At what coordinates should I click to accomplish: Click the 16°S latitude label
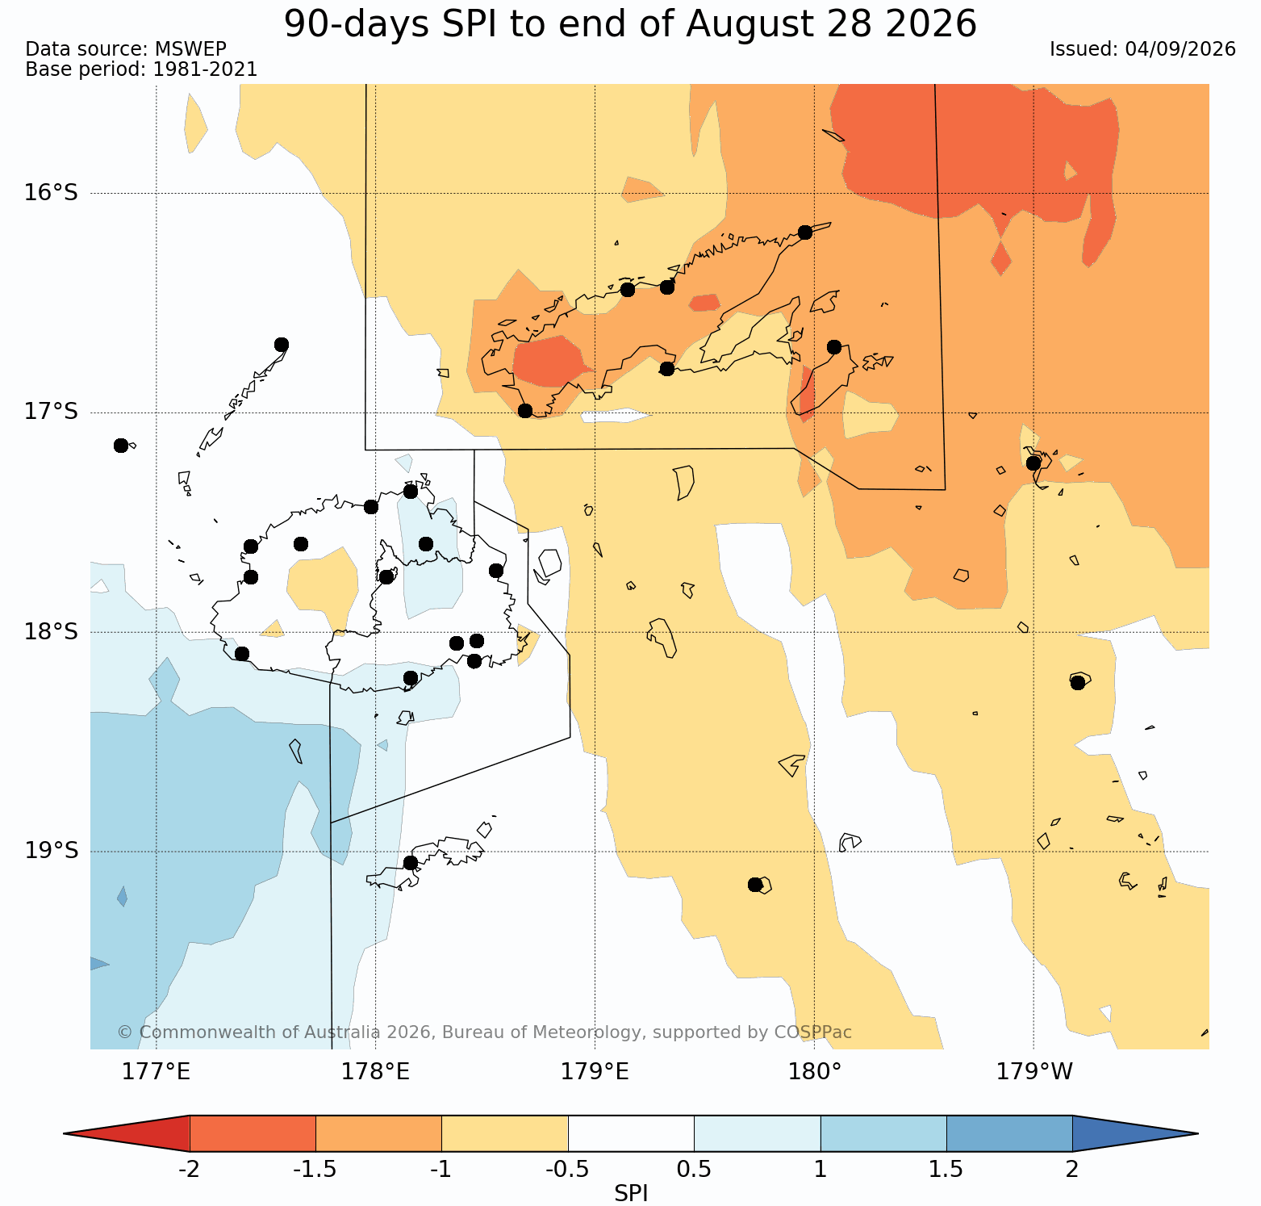pos(51,193)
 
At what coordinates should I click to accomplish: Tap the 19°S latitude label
pos(51,851)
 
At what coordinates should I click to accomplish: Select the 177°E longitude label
pos(157,1072)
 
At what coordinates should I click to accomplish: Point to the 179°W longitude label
pos(1034,1072)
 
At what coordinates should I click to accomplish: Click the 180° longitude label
pos(815,1072)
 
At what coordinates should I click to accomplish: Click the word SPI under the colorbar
pos(631,1194)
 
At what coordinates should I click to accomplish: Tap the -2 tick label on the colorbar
pos(189,1170)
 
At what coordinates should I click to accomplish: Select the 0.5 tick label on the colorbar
pos(695,1170)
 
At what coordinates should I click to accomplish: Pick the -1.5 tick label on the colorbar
pos(315,1170)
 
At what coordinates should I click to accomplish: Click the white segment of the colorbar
pos(631,1133)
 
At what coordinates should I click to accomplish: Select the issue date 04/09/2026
pos(1180,49)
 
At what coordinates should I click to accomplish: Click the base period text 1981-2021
pos(205,69)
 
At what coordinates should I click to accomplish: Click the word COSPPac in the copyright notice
pos(813,1032)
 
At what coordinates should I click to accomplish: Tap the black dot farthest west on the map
pos(121,446)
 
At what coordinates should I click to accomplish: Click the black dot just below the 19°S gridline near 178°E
pos(410,863)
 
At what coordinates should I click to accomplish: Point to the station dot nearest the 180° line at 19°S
pos(755,885)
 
